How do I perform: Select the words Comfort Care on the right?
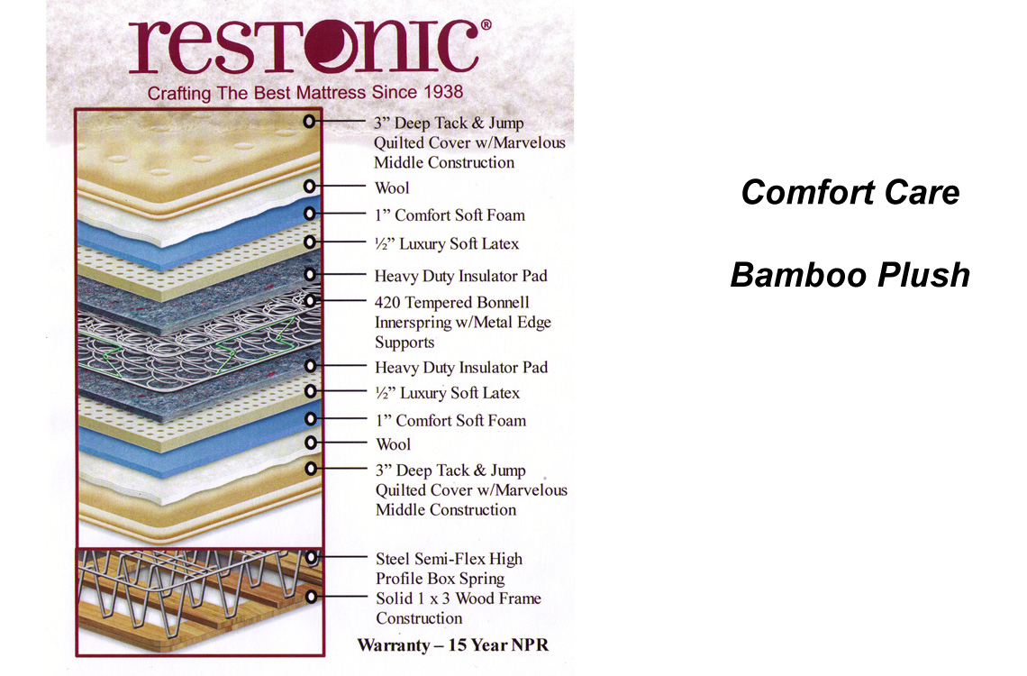[850, 193]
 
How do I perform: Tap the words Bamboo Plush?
[850, 275]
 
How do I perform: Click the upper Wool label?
[392, 188]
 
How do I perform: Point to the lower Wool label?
[393, 444]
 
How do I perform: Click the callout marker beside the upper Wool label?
[310, 186]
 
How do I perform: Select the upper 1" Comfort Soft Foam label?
[450, 215]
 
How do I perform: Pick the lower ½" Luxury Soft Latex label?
[448, 392]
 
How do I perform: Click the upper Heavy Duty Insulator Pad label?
[460, 276]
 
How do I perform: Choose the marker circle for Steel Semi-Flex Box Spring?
[312, 557]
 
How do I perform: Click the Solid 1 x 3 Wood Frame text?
[459, 598]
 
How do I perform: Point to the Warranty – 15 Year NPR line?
[452, 645]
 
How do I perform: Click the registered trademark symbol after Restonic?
[486, 25]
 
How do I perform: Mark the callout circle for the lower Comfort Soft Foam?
[311, 418]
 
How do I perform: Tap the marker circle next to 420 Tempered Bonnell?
[311, 301]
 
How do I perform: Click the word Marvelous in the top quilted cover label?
[530, 142]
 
